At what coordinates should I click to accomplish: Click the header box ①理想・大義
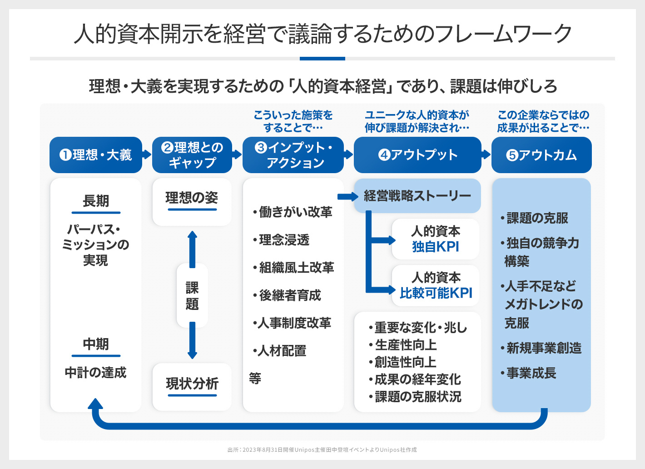point(95,155)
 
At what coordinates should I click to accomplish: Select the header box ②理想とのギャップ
point(192,155)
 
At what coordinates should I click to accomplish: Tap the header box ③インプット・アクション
point(293,155)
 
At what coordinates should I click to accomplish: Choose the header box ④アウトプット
point(417,155)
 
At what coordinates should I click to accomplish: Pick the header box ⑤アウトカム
point(541,155)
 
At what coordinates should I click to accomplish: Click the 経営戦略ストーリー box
point(417,196)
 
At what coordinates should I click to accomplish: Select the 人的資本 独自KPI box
point(436,239)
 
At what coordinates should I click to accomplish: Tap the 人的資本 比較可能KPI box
point(436,285)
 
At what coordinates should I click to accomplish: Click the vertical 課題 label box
point(192,295)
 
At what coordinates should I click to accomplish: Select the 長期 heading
point(96,201)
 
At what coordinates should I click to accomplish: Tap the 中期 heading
point(96,344)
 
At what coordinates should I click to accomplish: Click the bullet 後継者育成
point(289,295)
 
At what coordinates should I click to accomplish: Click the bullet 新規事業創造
point(543,348)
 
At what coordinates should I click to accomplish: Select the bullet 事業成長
point(531,373)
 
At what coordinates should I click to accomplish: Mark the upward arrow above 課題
point(192,248)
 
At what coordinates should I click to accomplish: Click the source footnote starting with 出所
point(322,450)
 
